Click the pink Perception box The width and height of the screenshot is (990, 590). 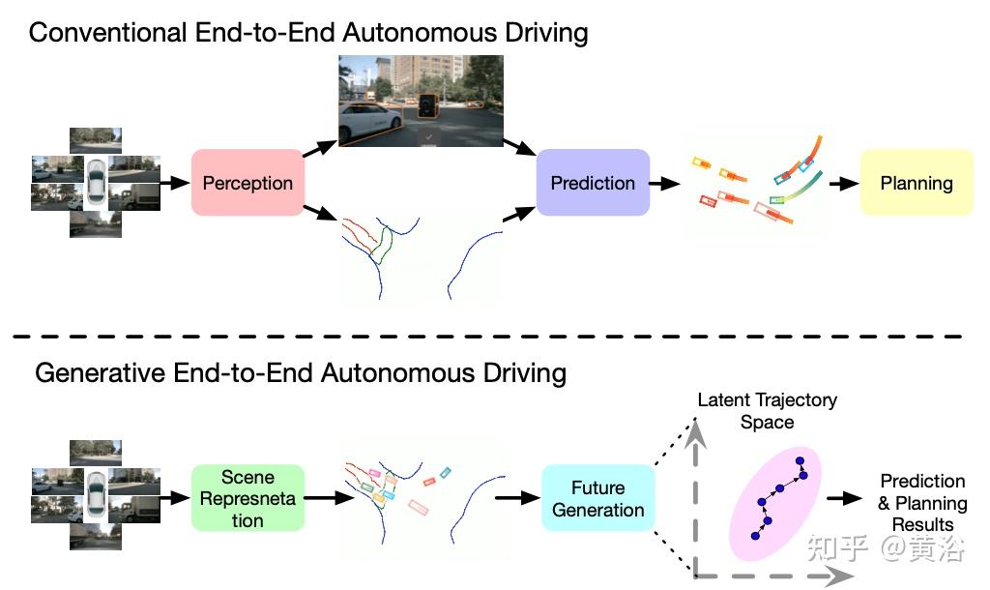[247, 184]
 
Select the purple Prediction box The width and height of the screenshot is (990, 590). [593, 183]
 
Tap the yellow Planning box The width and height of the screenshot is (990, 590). [916, 183]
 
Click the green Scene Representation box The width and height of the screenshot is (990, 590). [247, 498]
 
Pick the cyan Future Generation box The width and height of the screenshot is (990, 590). [597, 498]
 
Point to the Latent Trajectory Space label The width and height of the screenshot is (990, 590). [767, 410]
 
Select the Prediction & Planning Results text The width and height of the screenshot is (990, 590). [922, 503]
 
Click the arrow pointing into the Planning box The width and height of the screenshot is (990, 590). [842, 183]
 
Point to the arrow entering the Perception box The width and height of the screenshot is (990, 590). [175, 183]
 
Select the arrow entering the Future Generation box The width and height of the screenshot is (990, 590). [517, 498]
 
